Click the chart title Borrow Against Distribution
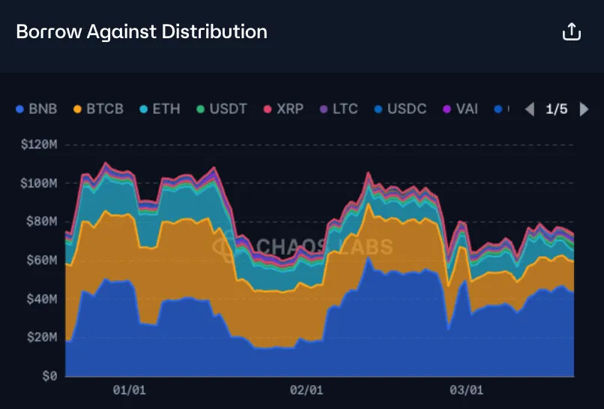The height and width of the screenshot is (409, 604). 142,31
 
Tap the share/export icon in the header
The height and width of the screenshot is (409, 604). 571,31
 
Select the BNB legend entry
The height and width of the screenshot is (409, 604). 37,109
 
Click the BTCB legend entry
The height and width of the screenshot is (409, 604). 98,109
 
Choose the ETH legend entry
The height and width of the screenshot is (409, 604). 160,109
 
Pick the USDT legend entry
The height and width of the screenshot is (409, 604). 221,109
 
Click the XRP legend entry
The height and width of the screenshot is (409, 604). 283,109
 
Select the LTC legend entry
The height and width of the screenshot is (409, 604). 338,109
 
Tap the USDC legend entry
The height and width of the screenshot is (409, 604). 400,109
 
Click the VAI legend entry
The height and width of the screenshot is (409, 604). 459,109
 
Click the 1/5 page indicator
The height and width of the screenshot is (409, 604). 556,109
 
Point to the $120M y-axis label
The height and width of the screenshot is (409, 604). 39,144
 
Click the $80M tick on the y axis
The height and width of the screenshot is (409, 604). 42,221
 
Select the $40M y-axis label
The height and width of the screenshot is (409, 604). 42,299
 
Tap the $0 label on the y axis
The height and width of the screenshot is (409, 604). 49,376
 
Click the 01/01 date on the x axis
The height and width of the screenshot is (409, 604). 129,390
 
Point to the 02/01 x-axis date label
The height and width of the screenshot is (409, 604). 306,390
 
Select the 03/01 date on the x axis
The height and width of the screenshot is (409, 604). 466,390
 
